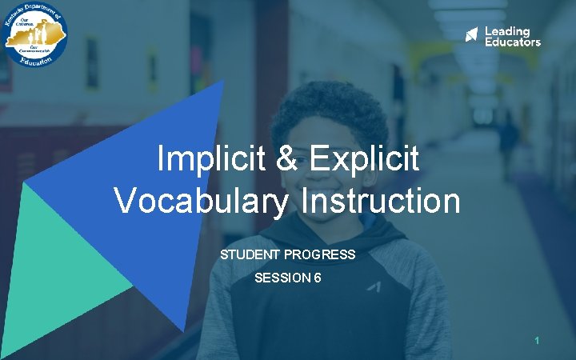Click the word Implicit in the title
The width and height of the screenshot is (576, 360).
tap(206, 159)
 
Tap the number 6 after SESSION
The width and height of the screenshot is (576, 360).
tap(318, 278)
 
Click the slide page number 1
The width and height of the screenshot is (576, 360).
tap(538, 342)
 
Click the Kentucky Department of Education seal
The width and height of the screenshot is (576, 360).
tap(34, 35)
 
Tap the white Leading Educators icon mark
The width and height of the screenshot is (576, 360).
tap(472, 35)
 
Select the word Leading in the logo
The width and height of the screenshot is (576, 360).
tap(507, 31)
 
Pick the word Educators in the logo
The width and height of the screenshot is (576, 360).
tap(513, 42)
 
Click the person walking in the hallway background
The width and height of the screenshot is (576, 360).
tap(507, 144)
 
